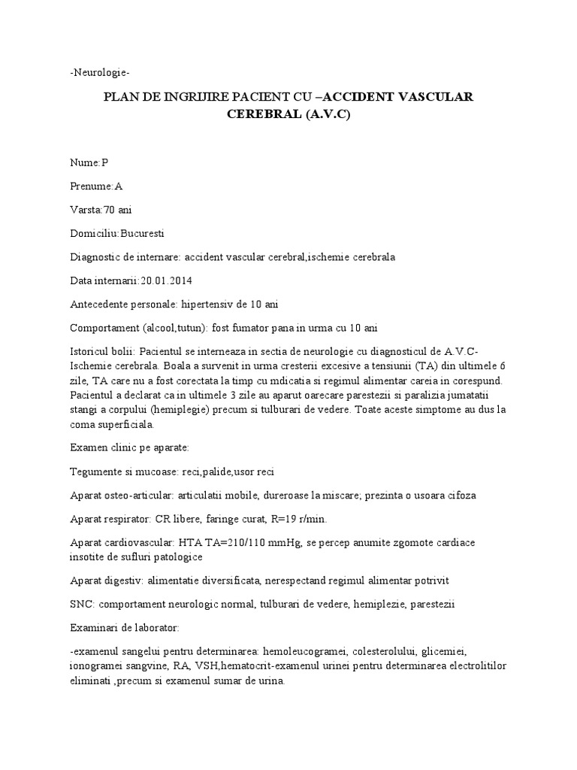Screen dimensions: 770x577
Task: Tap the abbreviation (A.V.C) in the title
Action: [327, 116]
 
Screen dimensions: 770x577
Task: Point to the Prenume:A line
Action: [95, 186]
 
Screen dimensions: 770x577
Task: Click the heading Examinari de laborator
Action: [120, 627]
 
